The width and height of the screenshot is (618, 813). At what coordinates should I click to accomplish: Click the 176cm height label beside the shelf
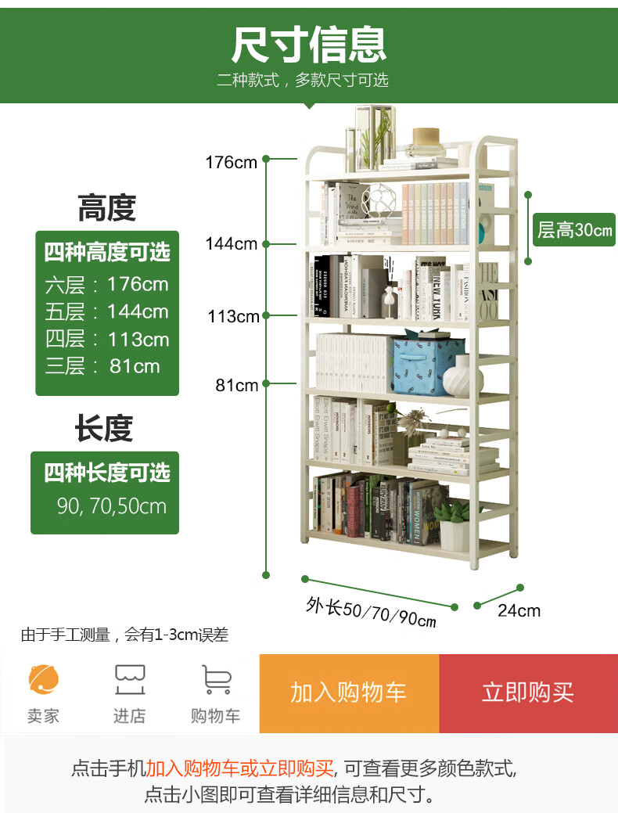[231, 163]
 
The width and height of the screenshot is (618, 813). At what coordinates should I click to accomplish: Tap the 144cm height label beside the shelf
[231, 244]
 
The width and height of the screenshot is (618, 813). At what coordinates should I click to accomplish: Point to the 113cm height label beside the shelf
[233, 317]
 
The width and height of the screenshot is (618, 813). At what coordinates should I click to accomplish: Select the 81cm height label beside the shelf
[237, 385]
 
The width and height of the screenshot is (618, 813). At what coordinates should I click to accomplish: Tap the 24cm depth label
[519, 610]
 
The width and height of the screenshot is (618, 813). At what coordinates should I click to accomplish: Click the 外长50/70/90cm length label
[371, 613]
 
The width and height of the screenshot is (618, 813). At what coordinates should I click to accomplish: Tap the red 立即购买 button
[528, 692]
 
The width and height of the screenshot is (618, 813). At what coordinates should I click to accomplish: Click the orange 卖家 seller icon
[44, 679]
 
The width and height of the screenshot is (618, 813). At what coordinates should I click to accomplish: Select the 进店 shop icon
[130, 679]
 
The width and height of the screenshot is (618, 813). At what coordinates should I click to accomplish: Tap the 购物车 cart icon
[216, 679]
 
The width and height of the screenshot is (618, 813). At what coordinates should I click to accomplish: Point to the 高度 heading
[106, 209]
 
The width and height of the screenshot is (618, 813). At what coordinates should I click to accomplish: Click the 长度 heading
[105, 429]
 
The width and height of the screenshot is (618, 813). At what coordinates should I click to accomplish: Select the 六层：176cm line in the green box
[106, 283]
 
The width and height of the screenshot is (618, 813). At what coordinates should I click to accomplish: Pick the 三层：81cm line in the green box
[102, 366]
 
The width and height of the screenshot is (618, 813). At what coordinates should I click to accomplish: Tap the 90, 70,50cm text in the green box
[112, 505]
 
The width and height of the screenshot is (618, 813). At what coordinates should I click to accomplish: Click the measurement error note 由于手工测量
[124, 635]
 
